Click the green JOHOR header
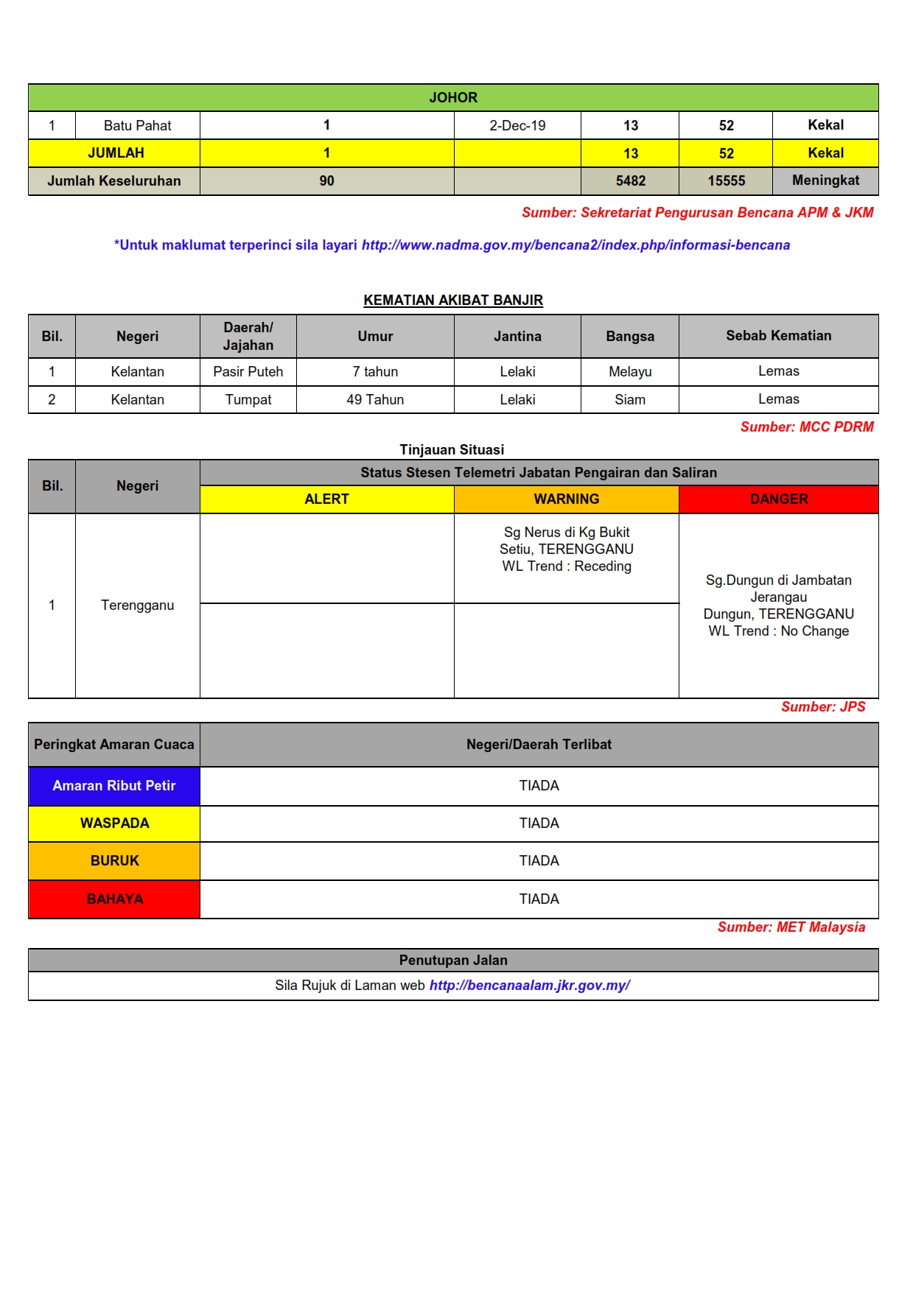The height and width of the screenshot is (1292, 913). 453,97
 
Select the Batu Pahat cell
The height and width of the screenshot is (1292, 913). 137,125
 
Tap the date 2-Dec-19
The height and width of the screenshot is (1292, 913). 517,125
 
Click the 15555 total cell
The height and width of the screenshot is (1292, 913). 726,180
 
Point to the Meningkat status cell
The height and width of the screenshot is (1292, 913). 825,180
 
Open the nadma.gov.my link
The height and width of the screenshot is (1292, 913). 576,245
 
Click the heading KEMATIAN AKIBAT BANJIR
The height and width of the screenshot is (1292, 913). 453,300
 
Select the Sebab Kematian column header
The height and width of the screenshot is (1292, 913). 778,336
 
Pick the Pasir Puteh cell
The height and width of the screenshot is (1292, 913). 248,371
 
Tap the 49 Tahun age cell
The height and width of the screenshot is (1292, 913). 375,399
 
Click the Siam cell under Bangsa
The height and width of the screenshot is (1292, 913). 630,399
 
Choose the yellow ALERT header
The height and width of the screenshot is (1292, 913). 326,499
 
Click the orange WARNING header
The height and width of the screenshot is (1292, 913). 566,499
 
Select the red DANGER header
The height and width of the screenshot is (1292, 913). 778,499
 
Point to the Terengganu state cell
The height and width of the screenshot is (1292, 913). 137,605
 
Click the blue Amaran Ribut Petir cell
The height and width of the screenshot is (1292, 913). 114,785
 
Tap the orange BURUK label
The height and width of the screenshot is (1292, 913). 114,860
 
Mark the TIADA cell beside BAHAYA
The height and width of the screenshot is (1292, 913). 539,899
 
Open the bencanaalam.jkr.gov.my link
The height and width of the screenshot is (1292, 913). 529,985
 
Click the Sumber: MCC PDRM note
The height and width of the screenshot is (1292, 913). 807,426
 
